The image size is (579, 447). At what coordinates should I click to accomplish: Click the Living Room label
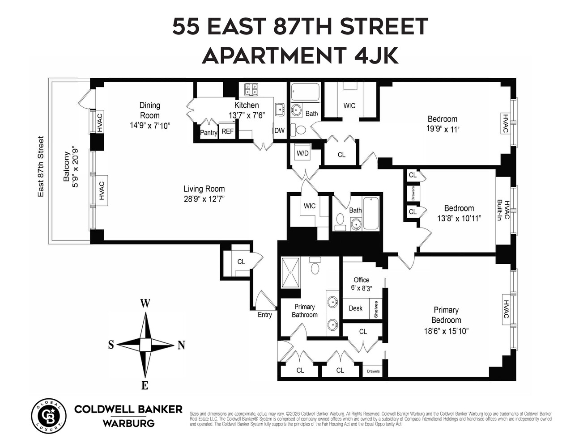pos(204,189)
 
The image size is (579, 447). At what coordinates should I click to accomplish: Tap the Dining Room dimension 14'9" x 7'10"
pos(150,126)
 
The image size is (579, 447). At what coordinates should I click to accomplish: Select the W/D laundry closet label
pos(302,153)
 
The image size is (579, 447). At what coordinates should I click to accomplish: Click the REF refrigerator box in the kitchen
pos(228,131)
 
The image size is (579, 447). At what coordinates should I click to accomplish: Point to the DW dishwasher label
pos(279,131)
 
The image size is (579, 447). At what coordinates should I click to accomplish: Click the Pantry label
pos(208,132)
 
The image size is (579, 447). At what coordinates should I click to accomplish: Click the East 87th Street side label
pos(41,166)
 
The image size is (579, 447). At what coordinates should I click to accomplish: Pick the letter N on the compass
pos(181,345)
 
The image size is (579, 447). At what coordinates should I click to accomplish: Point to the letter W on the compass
pos(145,304)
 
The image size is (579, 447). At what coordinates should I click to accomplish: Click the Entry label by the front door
pos(264,315)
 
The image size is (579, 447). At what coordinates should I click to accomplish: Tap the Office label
pos(361,280)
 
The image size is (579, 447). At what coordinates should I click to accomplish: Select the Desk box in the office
pos(355,308)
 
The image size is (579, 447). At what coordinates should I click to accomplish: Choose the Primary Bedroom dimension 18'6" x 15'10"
pos(446,331)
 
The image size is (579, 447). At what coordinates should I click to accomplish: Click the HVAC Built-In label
pos(503,210)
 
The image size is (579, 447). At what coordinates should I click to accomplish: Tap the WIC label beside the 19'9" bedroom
pos(349,105)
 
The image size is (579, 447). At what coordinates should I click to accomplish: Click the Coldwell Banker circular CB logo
pos(48,415)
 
